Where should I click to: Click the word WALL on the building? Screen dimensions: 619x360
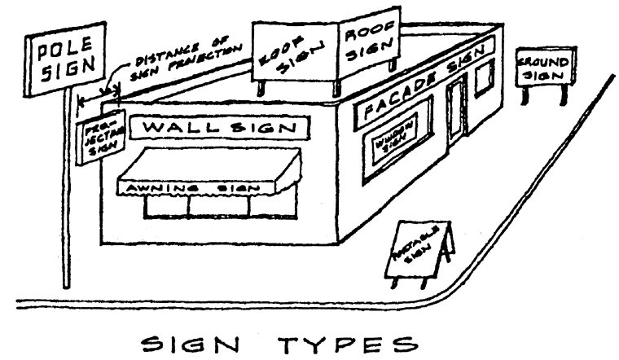click(181, 129)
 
